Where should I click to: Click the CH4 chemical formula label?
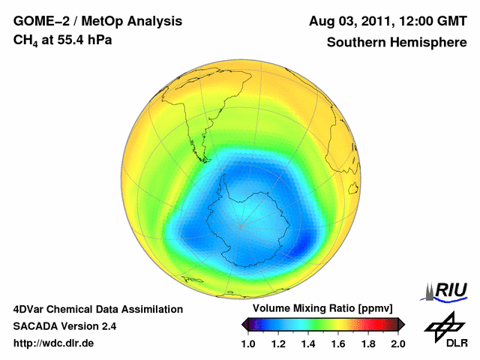[26, 40]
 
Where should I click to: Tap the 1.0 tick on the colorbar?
[249, 343]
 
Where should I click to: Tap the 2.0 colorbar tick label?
[397, 343]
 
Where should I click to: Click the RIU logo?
[447, 289]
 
